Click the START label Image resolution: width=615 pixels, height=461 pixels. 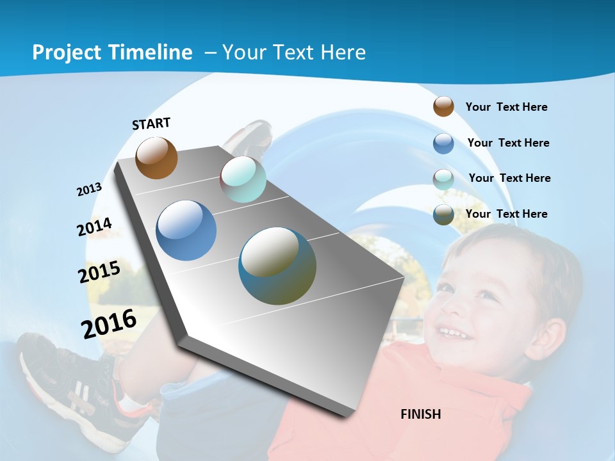point(151,124)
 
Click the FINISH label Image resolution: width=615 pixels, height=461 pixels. point(420,414)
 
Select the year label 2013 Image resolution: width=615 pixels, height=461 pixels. point(89,190)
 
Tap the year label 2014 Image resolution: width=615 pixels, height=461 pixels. point(94,227)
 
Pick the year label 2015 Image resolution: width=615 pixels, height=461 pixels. point(99,272)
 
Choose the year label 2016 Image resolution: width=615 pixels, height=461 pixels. point(109,323)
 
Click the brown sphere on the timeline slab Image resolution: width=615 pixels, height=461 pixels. point(156,158)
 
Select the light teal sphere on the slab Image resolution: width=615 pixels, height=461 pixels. point(243,179)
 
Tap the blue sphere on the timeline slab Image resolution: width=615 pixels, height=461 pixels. point(186,230)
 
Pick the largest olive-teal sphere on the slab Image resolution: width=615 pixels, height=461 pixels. point(277,266)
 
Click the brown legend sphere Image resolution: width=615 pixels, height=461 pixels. point(443,106)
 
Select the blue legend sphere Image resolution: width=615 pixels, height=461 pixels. point(443,143)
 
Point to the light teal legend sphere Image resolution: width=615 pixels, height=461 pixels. point(443,179)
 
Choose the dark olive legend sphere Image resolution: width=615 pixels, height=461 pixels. point(443,214)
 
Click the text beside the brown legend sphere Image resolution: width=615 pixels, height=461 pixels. point(506,107)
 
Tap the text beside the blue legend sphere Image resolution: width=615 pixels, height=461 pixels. point(508,143)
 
